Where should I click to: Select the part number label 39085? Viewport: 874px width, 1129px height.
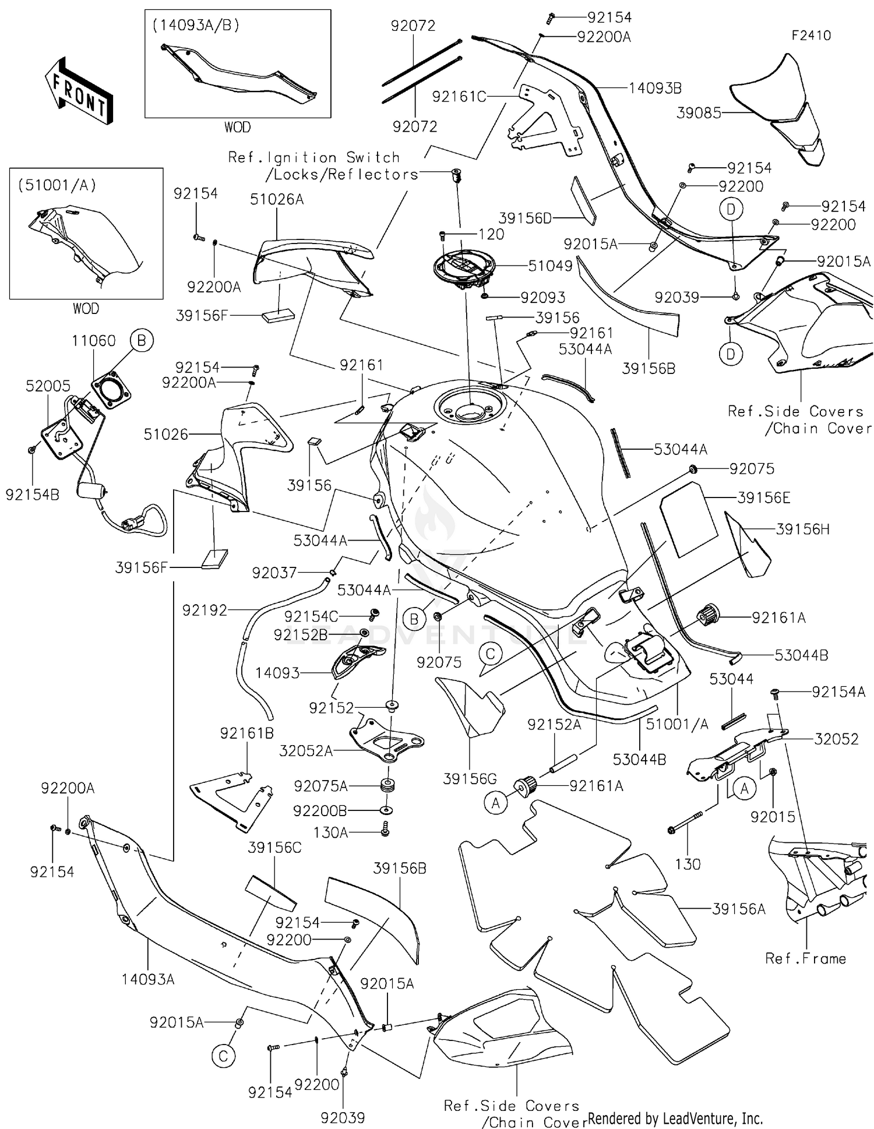pyautogui.click(x=698, y=113)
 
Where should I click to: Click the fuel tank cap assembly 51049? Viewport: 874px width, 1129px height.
pyautogui.click(x=464, y=269)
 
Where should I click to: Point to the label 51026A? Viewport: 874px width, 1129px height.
pyautogui.click(x=277, y=200)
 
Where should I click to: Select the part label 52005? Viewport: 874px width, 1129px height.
pyautogui.click(x=48, y=386)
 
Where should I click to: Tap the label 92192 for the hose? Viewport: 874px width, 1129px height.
pyautogui.click(x=205, y=610)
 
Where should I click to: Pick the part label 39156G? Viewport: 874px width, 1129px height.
pyautogui.click(x=470, y=779)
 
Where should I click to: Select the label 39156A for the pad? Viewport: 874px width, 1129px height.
pyautogui.click(x=738, y=909)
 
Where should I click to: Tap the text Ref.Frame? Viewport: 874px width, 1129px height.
pyautogui.click(x=805, y=959)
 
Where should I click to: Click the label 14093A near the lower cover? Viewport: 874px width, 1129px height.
pyautogui.click(x=147, y=979)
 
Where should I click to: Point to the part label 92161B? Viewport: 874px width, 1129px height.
pyautogui.click(x=246, y=733)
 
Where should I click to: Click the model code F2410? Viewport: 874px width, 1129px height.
pyautogui.click(x=811, y=36)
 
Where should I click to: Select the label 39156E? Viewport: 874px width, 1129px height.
pyautogui.click(x=763, y=498)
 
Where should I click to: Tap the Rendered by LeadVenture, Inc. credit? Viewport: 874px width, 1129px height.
pyautogui.click(x=675, y=1118)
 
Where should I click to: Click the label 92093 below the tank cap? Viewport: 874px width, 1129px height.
pyautogui.click(x=542, y=298)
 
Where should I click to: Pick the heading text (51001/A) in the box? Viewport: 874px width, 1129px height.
pyautogui.click(x=57, y=185)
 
